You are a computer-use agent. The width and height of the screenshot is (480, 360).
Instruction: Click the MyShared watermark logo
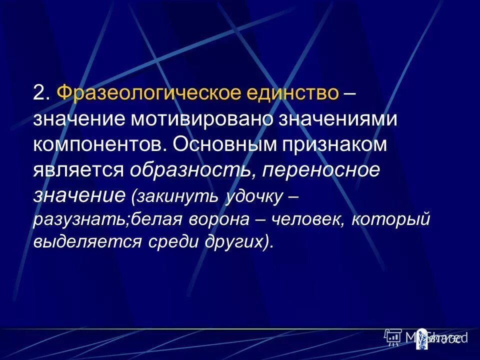point(426,337)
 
